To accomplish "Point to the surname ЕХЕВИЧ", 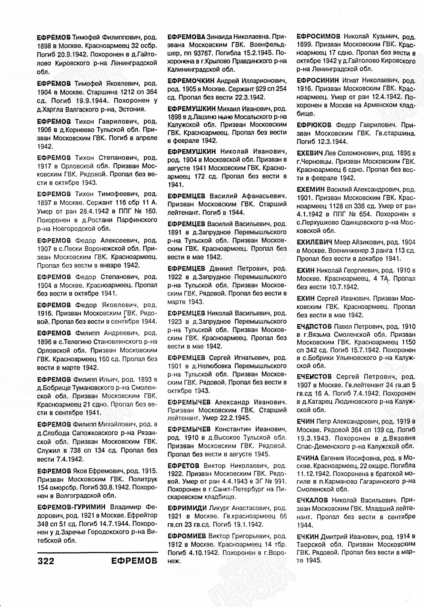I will coord(310,153).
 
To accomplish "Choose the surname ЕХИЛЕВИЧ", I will coord(314,242).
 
